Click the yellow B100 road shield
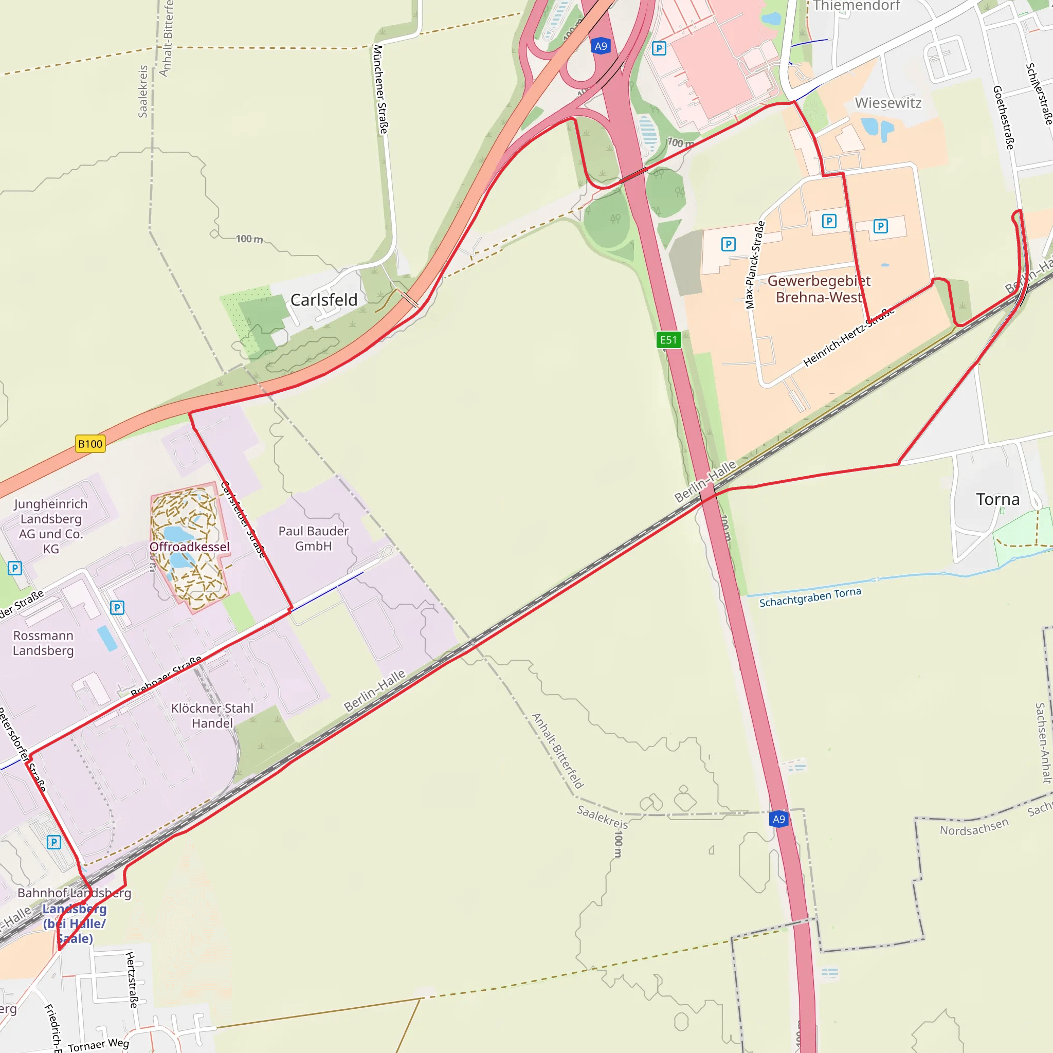pos(90,444)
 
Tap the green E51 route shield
pos(668,340)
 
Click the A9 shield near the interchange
pos(601,46)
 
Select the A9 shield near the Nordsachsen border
pos(779,819)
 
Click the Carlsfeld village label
pos(324,300)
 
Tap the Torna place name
pos(997,499)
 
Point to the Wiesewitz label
pos(888,103)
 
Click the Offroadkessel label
pos(189,547)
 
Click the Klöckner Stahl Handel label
pos(212,716)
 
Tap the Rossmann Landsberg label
pos(43,643)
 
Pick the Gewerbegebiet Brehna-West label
pos(819,289)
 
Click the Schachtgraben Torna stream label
pos(810,597)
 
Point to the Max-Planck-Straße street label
pos(755,265)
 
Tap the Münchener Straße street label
pos(380,89)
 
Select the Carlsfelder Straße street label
pos(243,520)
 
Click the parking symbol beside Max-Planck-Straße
pos(728,244)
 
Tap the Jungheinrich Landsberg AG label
pos(51,526)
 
